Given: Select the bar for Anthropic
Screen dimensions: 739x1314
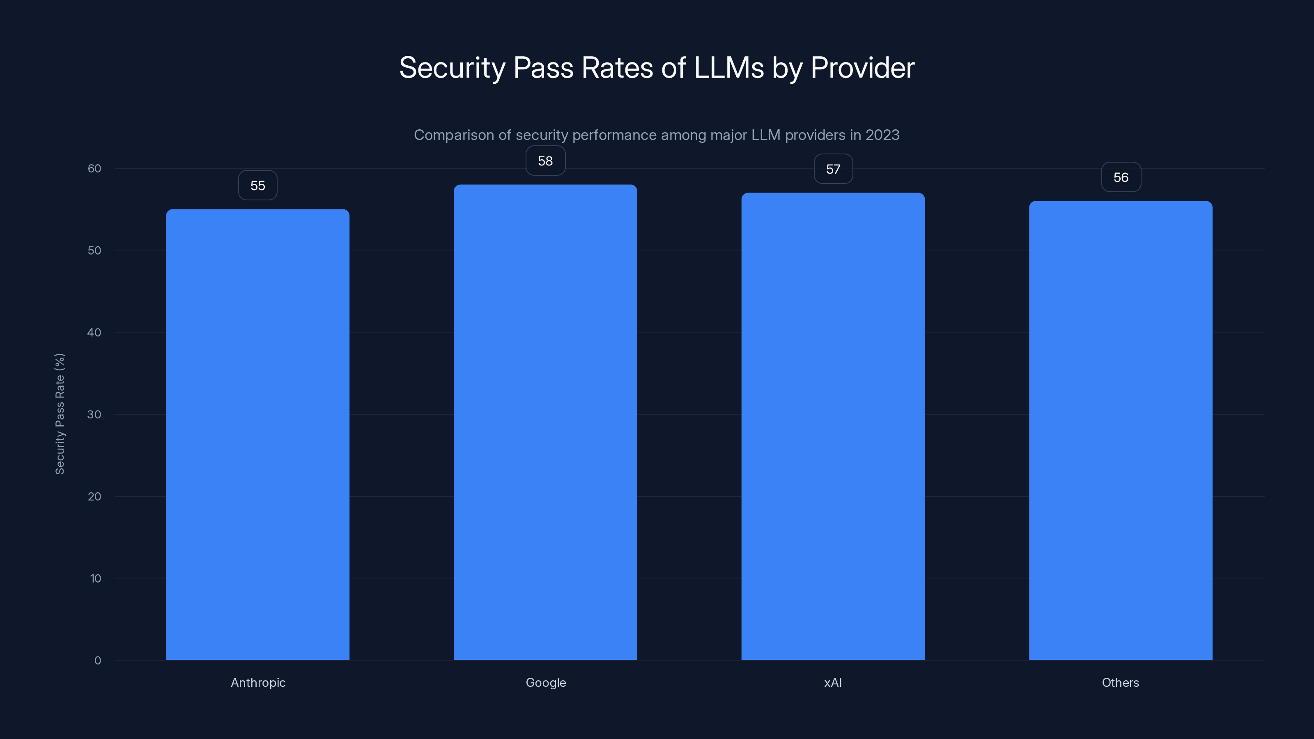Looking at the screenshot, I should point(257,434).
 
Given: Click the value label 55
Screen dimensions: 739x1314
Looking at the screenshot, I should point(257,186).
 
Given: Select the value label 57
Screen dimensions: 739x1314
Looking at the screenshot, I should point(833,169).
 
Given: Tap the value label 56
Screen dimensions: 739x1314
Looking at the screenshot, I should point(1121,177).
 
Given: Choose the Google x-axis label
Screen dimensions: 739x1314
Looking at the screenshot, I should point(546,682).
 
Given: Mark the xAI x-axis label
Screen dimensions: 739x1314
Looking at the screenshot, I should point(833,682).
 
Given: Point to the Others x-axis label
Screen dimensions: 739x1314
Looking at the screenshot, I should point(1120,682).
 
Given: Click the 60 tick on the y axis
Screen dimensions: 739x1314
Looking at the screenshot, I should point(94,168).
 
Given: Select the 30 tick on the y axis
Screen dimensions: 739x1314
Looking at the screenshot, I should point(94,414).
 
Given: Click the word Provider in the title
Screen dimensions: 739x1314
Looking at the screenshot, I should point(863,68).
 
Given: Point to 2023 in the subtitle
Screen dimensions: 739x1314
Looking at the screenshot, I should point(882,135).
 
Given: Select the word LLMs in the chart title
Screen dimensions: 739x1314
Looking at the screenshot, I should point(729,68).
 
